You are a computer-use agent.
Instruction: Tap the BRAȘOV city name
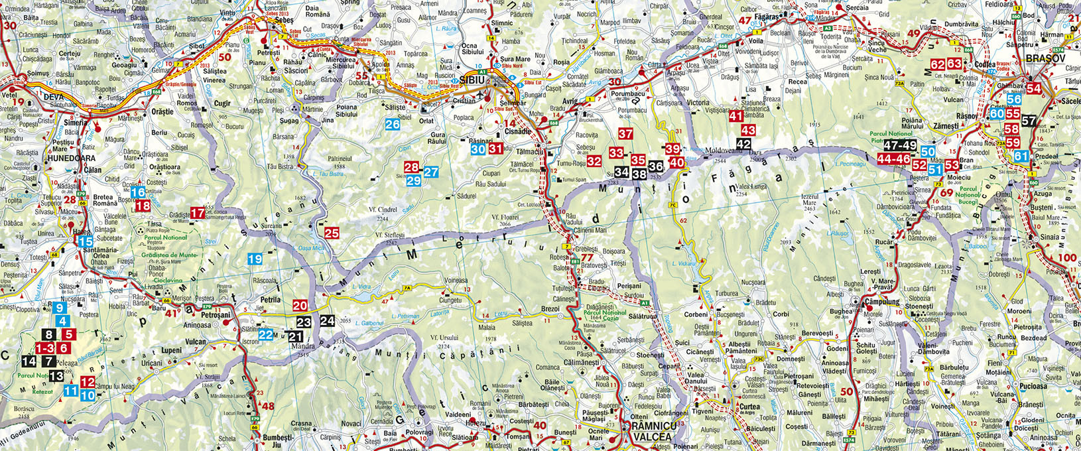pos(1045,58)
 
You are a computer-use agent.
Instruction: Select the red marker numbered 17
pos(198,213)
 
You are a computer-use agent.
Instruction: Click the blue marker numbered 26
pos(393,123)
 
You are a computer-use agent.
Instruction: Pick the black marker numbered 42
pos(744,144)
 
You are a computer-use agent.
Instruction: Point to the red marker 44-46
pos(893,159)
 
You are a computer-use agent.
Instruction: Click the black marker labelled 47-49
pos(900,146)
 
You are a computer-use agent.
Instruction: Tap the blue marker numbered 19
pos(255,259)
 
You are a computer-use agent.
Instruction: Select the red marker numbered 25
pos(332,233)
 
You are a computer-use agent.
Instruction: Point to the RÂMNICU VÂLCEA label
pos(651,431)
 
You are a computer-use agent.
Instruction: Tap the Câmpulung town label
pos(882,302)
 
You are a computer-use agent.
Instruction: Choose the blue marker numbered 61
pos(1021,157)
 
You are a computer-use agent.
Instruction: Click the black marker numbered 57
pos(1029,121)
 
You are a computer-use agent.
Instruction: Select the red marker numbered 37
pos(625,133)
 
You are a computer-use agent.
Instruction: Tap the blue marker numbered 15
pos(86,242)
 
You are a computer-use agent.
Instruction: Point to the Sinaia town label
pos(1049,237)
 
